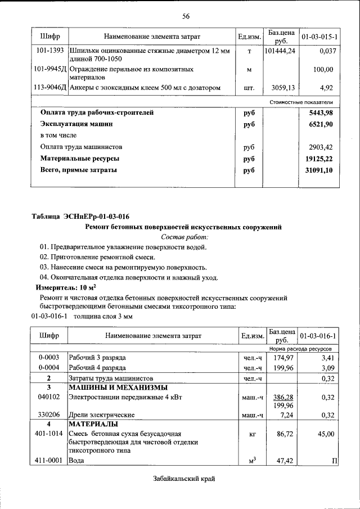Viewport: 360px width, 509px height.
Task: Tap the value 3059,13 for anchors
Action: click(x=283, y=88)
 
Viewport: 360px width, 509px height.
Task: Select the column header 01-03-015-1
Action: click(x=319, y=37)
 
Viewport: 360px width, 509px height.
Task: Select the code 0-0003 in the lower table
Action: click(x=49, y=357)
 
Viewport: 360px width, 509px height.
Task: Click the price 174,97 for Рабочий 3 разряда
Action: click(x=283, y=357)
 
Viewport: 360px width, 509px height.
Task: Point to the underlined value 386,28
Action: click(x=283, y=397)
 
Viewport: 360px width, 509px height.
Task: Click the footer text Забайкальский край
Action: click(x=184, y=479)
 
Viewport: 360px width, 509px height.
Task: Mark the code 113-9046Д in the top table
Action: click(x=49, y=88)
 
